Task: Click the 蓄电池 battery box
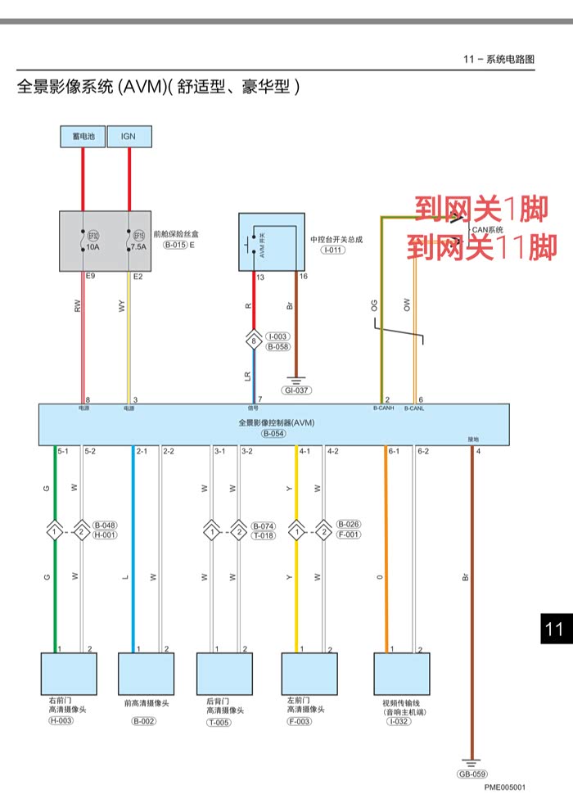pyautogui.click(x=83, y=136)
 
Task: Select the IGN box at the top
pyautogui.click(x=129, y=136)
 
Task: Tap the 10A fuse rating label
pyautogui.click(x=92, y=246)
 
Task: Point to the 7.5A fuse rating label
pyautogui.click(x=138, y=246)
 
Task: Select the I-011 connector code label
pyautogui.click(x=332, y=250)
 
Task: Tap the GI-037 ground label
pyautogui.click(x=296, y=390)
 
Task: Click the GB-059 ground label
pyautogui.click(x=472, y=774)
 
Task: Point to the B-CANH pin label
pyautogui.click(x=383, y=408)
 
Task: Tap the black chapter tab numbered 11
pyautogui.click(x=554, y=629)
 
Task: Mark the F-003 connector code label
pyautogui.click(x=300, y=721)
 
